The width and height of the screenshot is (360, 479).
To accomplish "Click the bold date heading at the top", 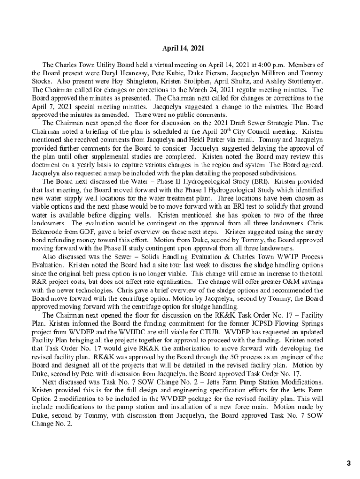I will pos(183,48).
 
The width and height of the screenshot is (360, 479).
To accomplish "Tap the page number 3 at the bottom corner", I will pos(348,464).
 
